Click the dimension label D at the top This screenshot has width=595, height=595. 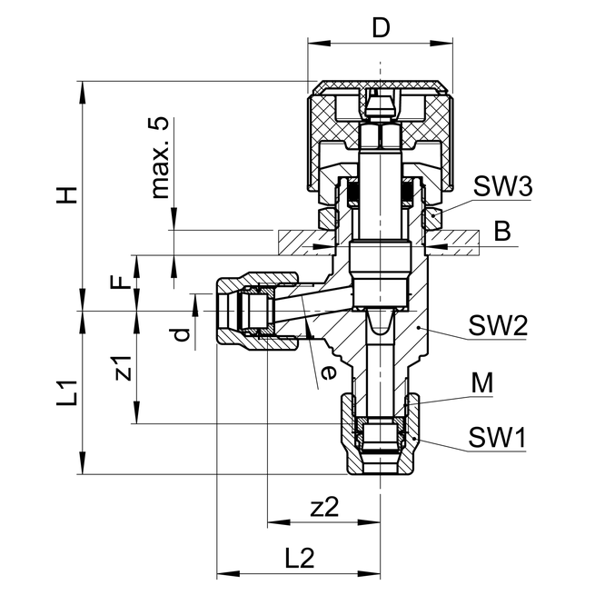[381, 27]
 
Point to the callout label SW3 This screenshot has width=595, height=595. [501, 186]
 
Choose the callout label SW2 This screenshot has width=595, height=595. [499, 325]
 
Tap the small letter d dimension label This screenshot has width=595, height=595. [182, 333]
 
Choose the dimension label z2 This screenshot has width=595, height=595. [324, 508]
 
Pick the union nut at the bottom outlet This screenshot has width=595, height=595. [381, 434]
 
